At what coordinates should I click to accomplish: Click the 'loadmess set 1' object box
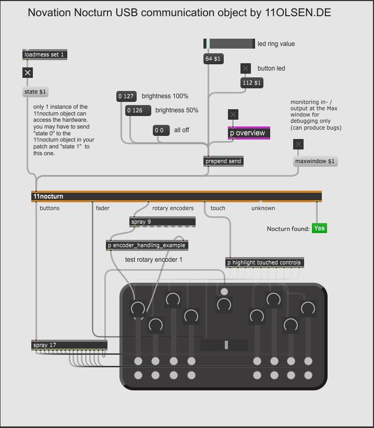point(45,54)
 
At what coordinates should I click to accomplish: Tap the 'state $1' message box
point(35,92)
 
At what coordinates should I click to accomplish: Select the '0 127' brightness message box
point(126,96)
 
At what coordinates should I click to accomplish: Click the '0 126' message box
point(138,111)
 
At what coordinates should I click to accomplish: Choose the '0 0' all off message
point(161,131)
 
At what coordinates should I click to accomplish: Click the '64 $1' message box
point(213,59)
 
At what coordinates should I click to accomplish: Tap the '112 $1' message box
point(252,83)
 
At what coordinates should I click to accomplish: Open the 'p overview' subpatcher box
point(249,133)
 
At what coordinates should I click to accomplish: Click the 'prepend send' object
point(223,161)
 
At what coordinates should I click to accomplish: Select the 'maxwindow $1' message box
point(315,161)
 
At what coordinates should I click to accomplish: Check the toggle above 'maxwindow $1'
point(298,144)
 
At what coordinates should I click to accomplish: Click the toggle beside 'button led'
point(246,68)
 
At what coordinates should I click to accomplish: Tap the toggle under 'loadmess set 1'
point(28,73)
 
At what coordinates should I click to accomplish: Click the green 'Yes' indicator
point(320,228)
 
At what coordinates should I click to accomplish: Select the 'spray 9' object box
point(162,222)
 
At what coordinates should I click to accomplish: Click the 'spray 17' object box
point(69,345)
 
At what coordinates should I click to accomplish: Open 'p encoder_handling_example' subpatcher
point(147,246)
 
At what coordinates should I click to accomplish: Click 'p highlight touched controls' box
point(264,262)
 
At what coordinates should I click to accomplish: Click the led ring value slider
point(229,44)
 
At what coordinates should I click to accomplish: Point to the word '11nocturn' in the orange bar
point(48,196)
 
